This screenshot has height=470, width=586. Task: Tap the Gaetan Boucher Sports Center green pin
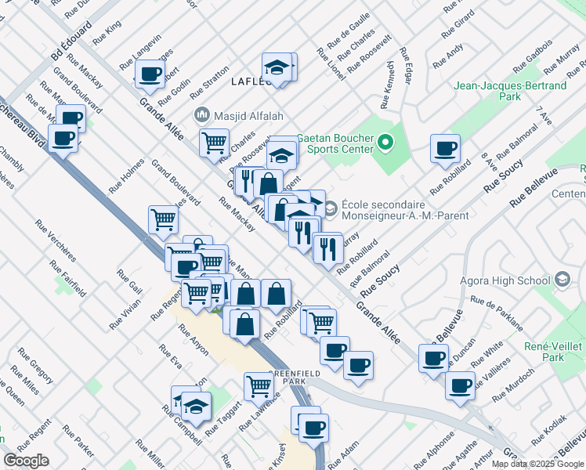[384, 143]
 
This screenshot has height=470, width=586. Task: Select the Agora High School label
[510, 280]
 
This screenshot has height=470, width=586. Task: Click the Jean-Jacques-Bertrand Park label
[510, 90]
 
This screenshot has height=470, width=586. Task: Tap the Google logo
[26, 460]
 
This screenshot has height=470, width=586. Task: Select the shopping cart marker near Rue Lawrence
[258, 385]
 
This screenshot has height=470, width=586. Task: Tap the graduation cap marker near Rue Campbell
[196, 406]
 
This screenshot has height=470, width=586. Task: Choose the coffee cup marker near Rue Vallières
[460, 385]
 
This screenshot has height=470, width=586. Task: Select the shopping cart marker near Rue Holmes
[162, 219]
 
